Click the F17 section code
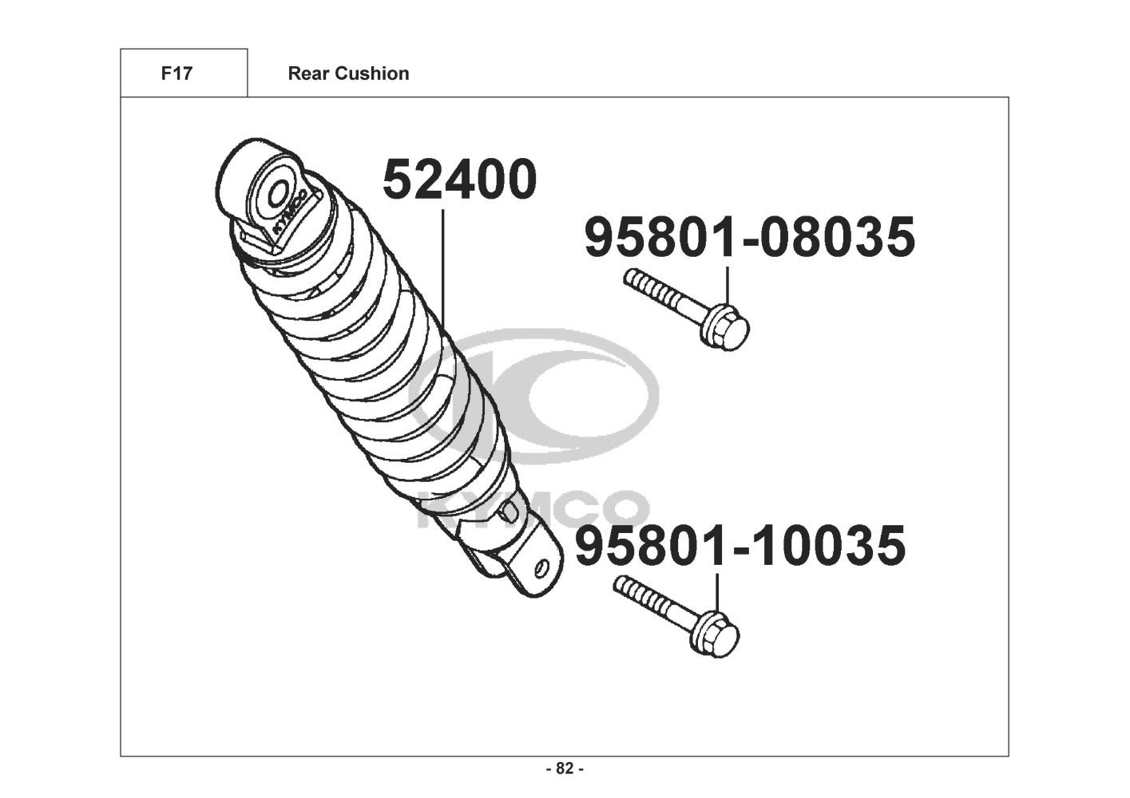pos(176,73)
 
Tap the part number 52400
pos(459,179)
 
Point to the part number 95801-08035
pos(750,236)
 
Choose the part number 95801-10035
pos(740,546)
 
